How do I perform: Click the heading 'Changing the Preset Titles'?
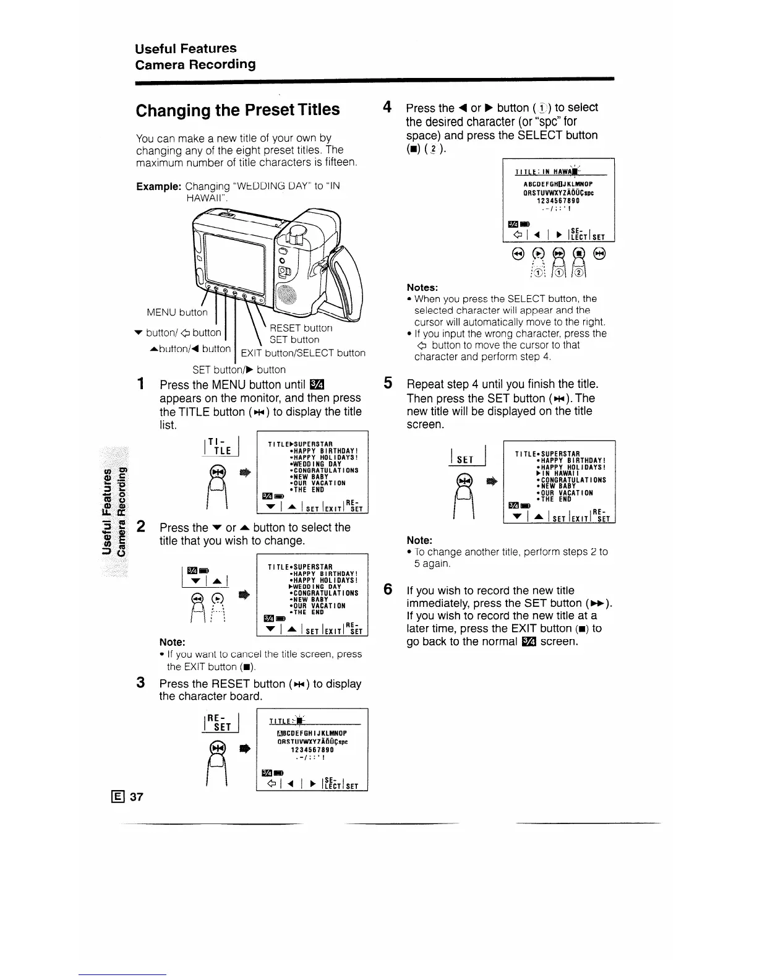[x=237, y=110]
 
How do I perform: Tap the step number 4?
[x=387, y=107]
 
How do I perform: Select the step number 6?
[x=387, y=589]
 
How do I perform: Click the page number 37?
[x=137, y=796]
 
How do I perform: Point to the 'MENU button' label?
[x=177, y=312]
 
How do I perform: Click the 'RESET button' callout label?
[x=301, y=328]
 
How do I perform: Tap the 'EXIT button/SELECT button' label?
[x=303, y=353]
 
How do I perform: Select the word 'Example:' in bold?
[x=158, y=186]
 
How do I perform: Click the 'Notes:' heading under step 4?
[x=422, y=287]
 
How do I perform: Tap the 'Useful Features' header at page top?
[x=186, y=48]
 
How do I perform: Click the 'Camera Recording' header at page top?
[x=195, y=64]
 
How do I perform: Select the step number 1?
[x=142, y=384]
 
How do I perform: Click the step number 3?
[x=141, y=682]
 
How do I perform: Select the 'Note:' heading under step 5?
[x=419, y=540]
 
